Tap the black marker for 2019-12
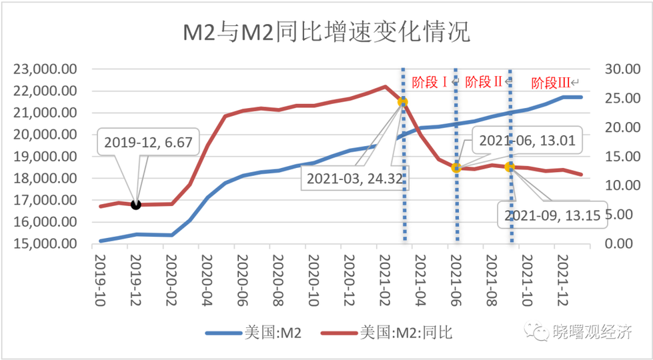tap(136, 204)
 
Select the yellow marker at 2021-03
tap(402, 102)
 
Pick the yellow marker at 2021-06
tap(456, 167)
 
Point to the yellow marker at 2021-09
tap(510, 167)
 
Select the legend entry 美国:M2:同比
tap(388, 332)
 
